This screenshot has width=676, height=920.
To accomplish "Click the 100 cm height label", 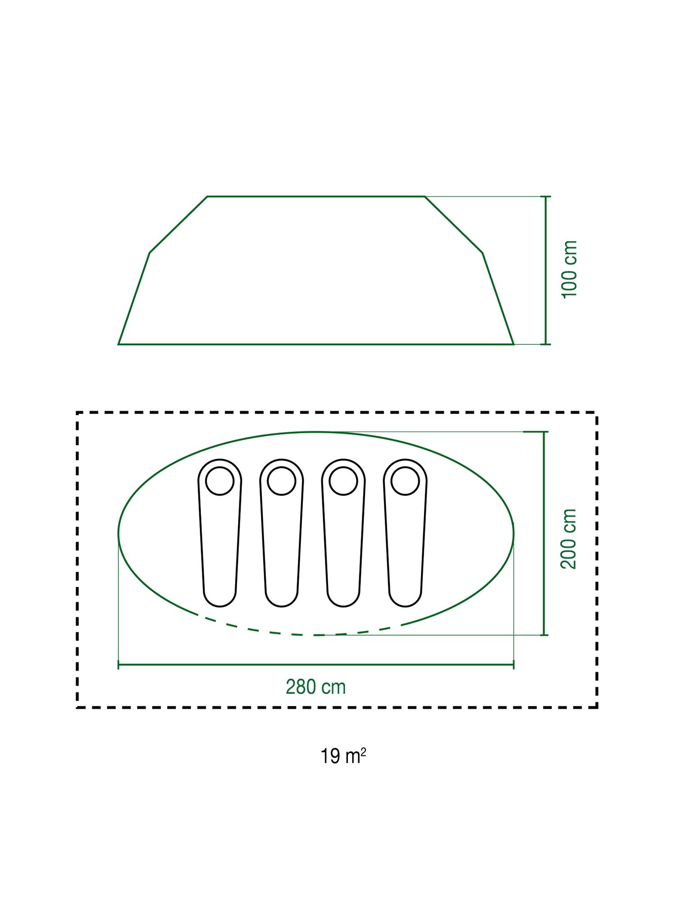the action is click(x=570, y=269).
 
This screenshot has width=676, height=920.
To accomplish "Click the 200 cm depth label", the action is click(x=569, y=539).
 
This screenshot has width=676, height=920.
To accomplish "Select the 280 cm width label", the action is click(x=316, y=687).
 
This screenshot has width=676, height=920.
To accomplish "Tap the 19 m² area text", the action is click(x=343, y=756).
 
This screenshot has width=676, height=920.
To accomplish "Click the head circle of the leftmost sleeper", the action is click(x=219, y=481).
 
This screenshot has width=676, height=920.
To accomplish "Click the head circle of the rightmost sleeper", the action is click(x=405, y=481).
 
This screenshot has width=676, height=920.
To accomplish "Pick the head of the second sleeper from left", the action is click(x=282, y=481).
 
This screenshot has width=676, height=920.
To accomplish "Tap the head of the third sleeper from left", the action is click(x=343, y=481).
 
